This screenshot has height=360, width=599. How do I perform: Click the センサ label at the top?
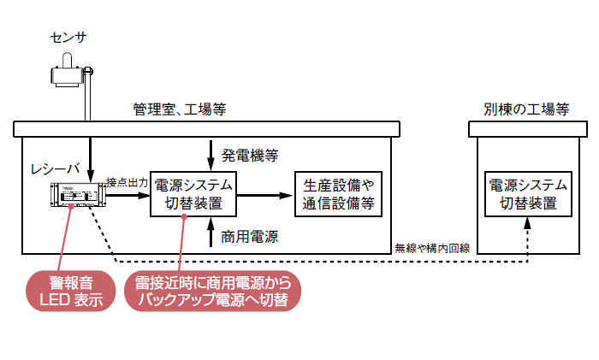click(x=68, y=37)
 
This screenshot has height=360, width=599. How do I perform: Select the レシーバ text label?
click(x=55, y=167)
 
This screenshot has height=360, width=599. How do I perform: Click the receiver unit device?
click(x=76, y=196)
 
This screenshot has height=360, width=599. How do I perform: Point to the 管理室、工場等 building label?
click(x=180, y=109)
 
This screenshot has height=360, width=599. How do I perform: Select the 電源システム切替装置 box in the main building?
click(x=193, y=193)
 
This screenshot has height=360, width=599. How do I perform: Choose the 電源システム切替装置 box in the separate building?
click(x=527, y=193)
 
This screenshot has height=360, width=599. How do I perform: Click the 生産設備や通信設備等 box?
click(x=339, y=194)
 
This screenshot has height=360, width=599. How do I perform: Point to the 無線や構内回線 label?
click(x=431, y=248)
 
